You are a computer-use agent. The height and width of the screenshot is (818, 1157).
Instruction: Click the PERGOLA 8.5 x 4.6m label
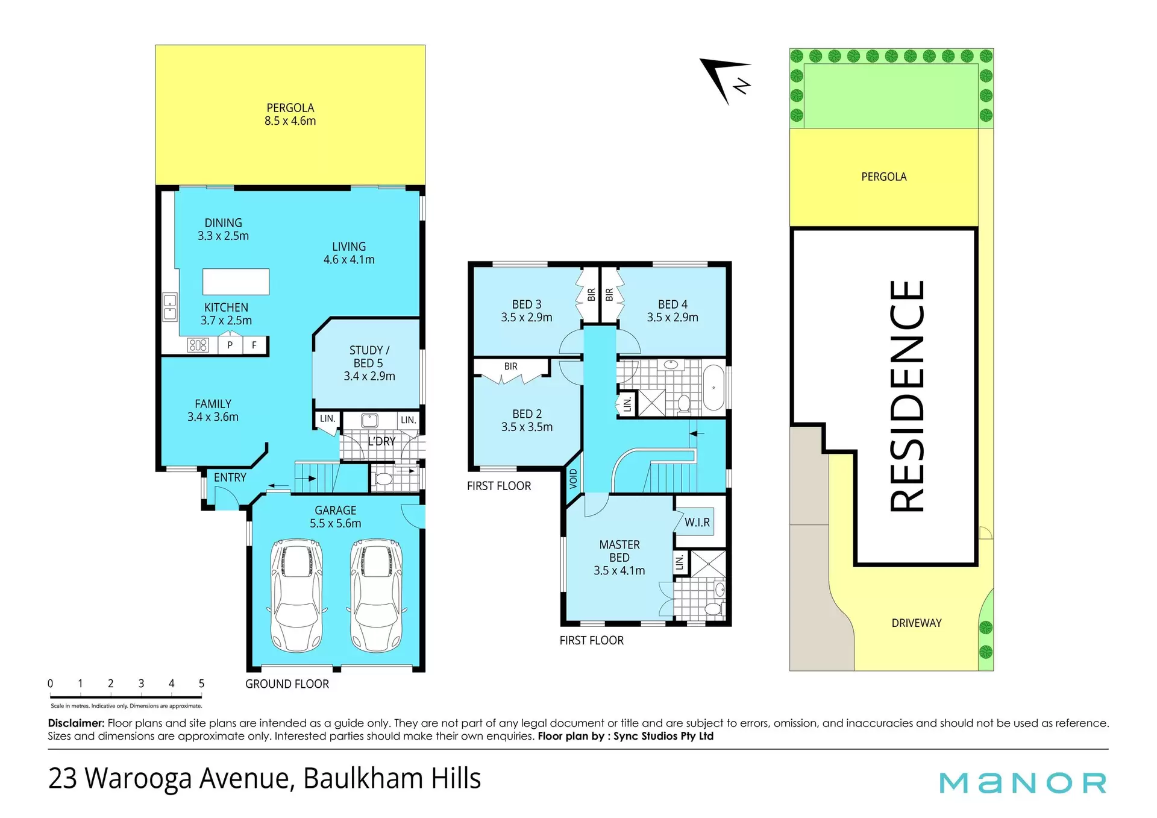[x=290, y=114]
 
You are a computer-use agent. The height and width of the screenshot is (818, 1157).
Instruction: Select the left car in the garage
[x=296, y=596]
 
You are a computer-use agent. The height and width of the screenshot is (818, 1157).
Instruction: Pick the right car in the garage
[x=377, y=596]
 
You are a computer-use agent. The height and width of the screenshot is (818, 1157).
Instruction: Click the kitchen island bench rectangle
[x=236, y=282]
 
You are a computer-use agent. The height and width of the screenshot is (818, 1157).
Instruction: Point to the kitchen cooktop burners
[x=198, y=345]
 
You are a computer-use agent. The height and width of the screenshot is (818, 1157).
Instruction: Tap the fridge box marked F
[x=254, y=345]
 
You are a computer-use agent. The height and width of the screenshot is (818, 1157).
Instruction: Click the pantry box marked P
[x=230, y=345]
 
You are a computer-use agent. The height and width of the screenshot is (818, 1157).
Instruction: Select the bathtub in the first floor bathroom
[x=714, y=388]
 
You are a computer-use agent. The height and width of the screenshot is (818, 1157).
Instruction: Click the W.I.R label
[x=697, y=523]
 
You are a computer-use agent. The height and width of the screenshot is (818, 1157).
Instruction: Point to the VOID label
[x=573, y=479]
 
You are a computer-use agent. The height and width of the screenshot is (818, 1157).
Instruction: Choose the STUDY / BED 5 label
[x=369, y=363]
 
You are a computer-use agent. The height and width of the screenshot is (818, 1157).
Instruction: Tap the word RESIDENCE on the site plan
[x=907, y=396]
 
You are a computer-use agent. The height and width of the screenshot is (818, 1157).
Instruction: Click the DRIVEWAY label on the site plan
[x=917, y=623]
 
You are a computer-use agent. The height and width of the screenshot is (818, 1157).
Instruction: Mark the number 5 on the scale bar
[x=201, y=684]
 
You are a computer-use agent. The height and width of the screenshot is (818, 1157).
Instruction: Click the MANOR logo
[x=1023, y=783]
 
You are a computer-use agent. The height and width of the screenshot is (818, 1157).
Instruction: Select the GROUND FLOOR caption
[x=287, y=684]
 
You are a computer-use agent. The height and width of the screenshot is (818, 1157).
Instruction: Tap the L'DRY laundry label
[x=381, y=441]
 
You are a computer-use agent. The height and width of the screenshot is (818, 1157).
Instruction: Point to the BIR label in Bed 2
[x=511, y=367]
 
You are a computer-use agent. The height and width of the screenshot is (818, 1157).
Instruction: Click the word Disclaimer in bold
[x=76, y=723]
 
